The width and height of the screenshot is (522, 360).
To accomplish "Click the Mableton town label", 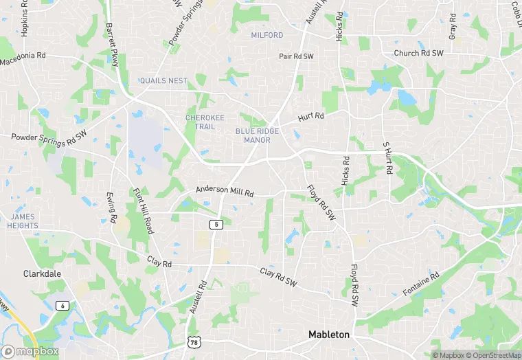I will (x=328, y=335).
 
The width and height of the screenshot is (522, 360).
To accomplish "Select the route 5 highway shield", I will (x=216, y=225).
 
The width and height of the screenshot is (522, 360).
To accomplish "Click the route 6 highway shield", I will (x=63, y=305).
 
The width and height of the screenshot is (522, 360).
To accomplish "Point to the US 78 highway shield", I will (x=194, y=341).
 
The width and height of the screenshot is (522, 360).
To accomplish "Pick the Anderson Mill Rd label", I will (x=225, y=191).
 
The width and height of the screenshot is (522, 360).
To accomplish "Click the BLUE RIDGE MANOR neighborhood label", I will (x=253, y=135).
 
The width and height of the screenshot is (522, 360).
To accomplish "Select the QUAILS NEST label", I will (x=163, y=81).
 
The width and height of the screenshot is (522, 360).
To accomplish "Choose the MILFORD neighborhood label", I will (x=267, y=35).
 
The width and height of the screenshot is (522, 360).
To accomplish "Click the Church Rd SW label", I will (x=418, y=53).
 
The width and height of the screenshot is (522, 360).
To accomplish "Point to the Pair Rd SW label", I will (x=296, y=56).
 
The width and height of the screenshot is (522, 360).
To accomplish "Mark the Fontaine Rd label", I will (x=420, y=284).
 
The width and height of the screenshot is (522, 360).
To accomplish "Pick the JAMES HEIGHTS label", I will (x=22, y=221).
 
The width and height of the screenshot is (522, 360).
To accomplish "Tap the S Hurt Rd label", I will (x=387, y=158).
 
